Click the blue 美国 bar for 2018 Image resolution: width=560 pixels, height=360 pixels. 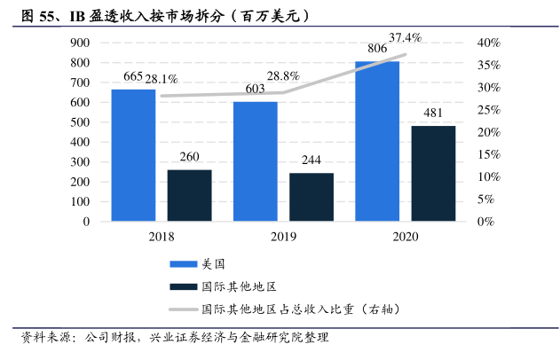coord(133,155)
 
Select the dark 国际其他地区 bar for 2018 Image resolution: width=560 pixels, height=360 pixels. coord(189,195)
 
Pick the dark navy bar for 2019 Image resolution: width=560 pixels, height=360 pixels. coord(312,197)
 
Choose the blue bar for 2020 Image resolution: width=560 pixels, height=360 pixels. coord(377,141)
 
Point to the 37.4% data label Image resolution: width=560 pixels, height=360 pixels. coord(405,37)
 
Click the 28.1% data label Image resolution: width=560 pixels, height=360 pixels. coord(174,78)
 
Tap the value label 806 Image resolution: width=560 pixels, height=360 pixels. coord(377,51)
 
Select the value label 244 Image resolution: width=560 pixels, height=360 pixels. coord(312,160)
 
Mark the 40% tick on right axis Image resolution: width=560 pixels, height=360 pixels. coord(491,43)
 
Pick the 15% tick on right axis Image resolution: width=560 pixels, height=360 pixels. coord(491,155)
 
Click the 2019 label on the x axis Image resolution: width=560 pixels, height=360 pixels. coord(283,237)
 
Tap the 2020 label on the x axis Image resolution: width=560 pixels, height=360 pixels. coord(405,237)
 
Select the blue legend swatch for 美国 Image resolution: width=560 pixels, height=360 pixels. coord(184,264)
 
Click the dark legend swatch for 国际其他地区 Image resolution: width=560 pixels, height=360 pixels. coord(184,286)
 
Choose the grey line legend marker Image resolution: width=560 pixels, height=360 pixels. coord(184,309)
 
